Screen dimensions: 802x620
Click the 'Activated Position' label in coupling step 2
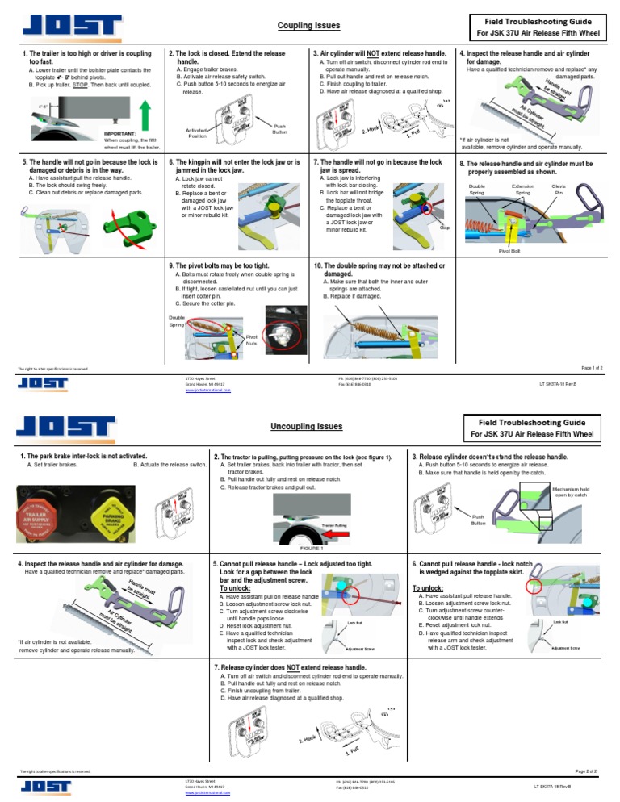[196, 132]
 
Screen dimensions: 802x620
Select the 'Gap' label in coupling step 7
[444, 227]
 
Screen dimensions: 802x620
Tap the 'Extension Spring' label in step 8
[523, 190]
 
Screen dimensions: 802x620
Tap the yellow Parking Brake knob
[112, 512]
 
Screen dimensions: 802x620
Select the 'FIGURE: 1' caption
[300, 548]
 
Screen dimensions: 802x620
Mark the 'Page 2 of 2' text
[585, 771]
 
